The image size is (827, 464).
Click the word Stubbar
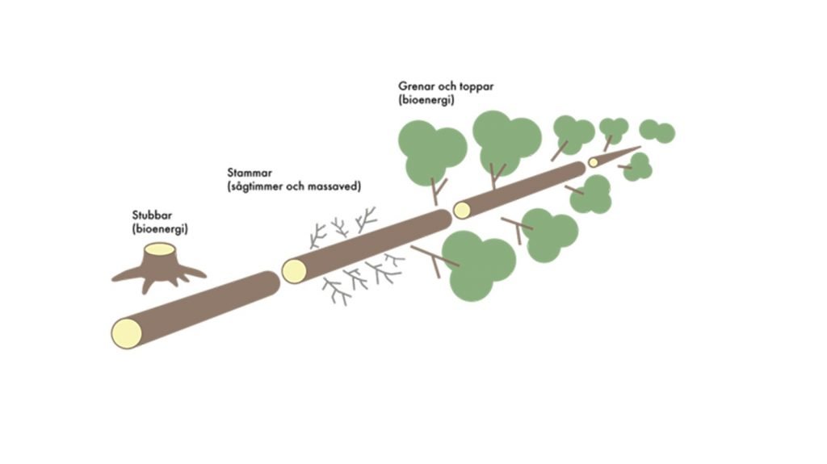(152, 216)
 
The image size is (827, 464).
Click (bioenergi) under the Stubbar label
(159, 229)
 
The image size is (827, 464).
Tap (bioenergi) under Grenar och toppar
(426, 99)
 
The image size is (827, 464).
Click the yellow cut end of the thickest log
(127, 332)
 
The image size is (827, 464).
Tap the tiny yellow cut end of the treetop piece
(594, 162)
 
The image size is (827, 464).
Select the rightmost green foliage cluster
(657, 131)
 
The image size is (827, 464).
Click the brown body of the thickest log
(202, 303)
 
